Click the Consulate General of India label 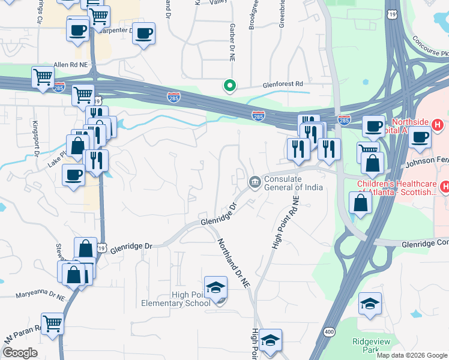294,183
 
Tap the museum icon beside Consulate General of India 255,181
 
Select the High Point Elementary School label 175,298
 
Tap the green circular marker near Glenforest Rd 229,86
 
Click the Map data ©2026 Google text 411,355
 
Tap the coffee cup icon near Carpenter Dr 143,34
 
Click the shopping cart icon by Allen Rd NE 43,77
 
